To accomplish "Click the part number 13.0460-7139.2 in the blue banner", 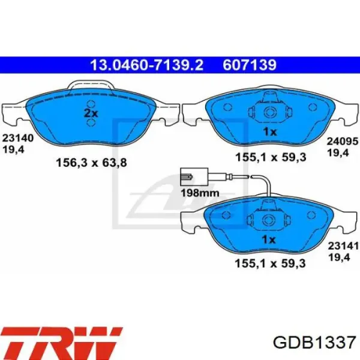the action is (x=147, y=65).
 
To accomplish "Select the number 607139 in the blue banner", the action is (x=250, y=65).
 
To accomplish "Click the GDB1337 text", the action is (x=314, y=343).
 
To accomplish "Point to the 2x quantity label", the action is (x=91, y=113).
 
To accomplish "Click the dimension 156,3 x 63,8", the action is (x=91, y=163).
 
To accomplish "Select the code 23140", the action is (x=18, y=138).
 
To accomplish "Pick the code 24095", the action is (x=343, y=141).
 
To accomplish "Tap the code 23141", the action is (x=343, y=246).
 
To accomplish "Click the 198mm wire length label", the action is (x=200, y=193).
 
